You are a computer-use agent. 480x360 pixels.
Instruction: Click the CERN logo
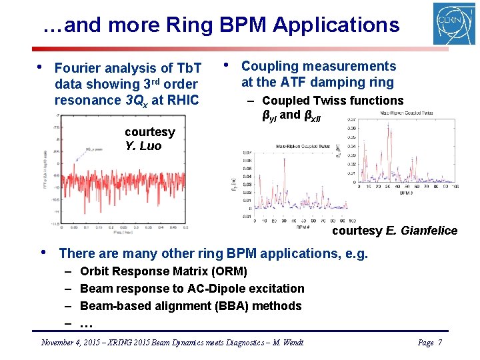(454, 23)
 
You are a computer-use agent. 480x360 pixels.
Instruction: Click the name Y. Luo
(143, 146)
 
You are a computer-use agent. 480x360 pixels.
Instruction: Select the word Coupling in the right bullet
(267, 66)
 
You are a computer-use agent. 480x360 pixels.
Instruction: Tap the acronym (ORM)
(228, 271)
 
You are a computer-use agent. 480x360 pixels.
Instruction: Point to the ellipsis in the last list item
(86, 323)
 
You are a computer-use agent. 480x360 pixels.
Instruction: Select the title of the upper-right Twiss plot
(406, 113)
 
